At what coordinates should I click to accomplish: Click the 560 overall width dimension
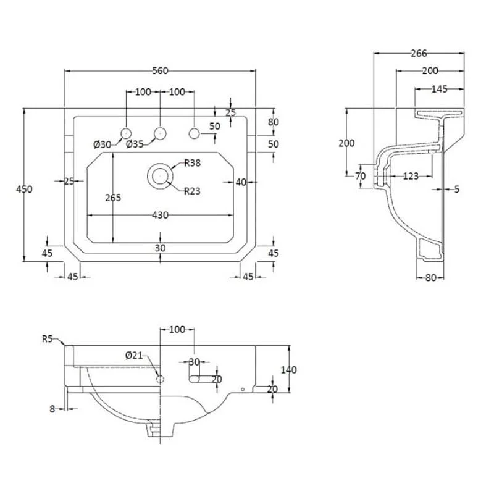point(160,71)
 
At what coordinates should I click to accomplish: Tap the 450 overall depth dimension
point(24,189)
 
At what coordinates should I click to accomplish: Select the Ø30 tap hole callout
point(103,144)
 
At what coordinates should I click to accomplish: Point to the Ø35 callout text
point(135,144)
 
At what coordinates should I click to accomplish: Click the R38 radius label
point(192,163)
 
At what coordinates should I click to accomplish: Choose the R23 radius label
point(192,191)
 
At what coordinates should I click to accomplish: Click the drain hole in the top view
point(160,176)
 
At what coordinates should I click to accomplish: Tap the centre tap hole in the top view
point(160,133)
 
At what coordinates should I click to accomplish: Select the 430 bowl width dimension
point(160,215)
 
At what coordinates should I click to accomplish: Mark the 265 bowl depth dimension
point(113,198)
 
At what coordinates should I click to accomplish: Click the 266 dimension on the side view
point(419,54)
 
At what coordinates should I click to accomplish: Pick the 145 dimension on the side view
point(439,89)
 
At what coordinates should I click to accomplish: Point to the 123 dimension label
point(411,176)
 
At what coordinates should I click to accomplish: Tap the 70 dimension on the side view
point(361,176)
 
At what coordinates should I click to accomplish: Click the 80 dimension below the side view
point(430,277)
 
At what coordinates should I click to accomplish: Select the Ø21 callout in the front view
point(134,356)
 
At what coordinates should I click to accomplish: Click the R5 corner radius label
point(48,338)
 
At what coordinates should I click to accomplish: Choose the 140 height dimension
point(288,369)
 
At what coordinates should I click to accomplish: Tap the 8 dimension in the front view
point(52,409)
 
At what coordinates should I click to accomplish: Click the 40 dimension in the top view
point(241,182)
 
